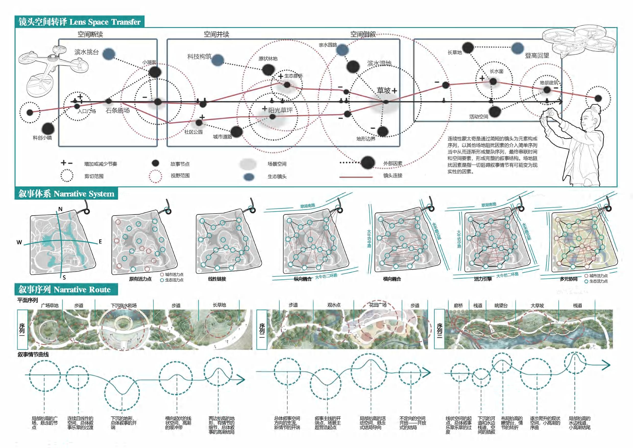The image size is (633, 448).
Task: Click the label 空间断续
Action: click(90, 34)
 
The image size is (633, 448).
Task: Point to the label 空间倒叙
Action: click(363, 34)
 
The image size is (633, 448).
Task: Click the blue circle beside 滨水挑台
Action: click(109, 54)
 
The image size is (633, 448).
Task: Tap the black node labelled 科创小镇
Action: click(48, 128)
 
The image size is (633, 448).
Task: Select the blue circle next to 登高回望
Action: click(517, 48)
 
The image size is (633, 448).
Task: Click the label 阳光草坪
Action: click(281, 110)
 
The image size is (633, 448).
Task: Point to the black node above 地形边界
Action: click(382, 131)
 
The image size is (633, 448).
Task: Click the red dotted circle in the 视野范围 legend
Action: click(155, 176)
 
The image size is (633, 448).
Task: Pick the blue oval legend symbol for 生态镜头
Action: click(249, 177)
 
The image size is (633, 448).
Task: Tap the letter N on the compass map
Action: click(60, 209)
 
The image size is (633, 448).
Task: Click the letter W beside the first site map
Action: click(19, 242)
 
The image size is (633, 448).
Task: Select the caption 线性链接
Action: click(217, 279)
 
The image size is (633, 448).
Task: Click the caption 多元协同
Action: click(568, 279)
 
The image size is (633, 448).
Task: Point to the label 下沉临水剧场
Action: click(124, 306)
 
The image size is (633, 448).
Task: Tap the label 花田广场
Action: click(378, 305)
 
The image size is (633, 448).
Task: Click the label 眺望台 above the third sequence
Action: click(501, 306)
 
